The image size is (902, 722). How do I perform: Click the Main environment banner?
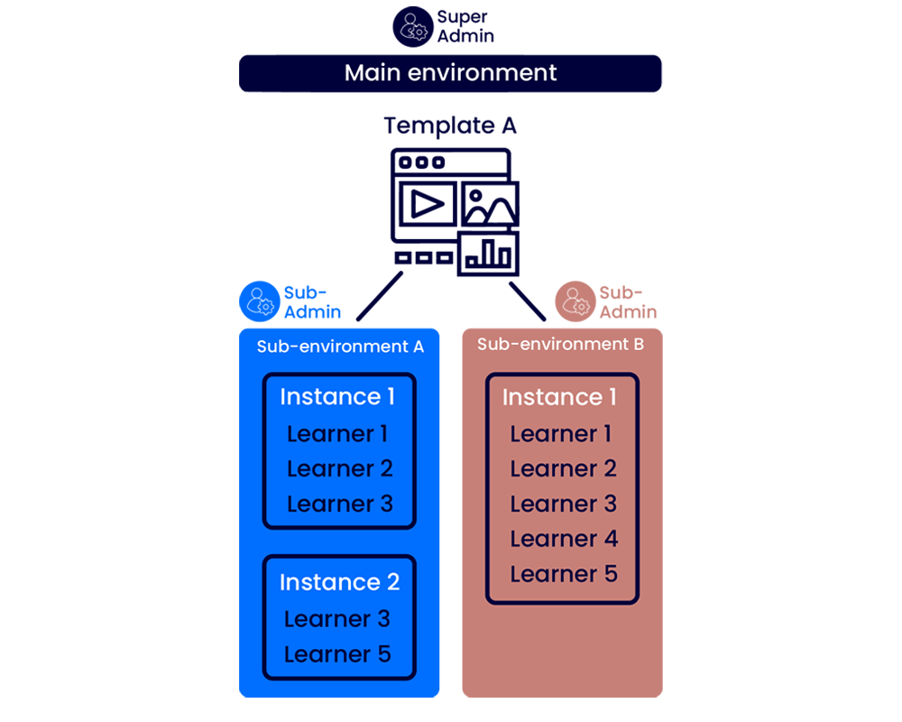tap(451, 73)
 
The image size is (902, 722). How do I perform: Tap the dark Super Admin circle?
tap(412, 26)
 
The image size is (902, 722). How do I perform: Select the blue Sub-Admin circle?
tap(260, 301)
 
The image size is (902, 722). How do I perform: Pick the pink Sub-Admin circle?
tap(575, 301)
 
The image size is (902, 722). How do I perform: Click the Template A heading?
tap(450, 125)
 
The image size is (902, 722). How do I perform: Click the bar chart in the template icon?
tap(489, 254)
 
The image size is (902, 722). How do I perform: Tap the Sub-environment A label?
tap(340, 347)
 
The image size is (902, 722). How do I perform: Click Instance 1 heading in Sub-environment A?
tap(337, 396)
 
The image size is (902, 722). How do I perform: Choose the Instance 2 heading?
tap(339, 582)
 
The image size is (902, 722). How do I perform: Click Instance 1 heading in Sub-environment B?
tap(559, 397)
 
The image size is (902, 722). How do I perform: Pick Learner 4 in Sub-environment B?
tap(564, 539)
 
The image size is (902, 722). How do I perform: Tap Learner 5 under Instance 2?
tap(337, 654)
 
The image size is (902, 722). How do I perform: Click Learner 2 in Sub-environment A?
tap(340, 469)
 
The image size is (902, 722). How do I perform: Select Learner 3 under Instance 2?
tap(337, 619)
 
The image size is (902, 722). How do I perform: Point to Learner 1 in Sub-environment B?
tap(560, 434)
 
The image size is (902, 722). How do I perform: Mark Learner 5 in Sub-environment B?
tap(564, 574)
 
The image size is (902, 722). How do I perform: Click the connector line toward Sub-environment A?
tap(380, 297)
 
